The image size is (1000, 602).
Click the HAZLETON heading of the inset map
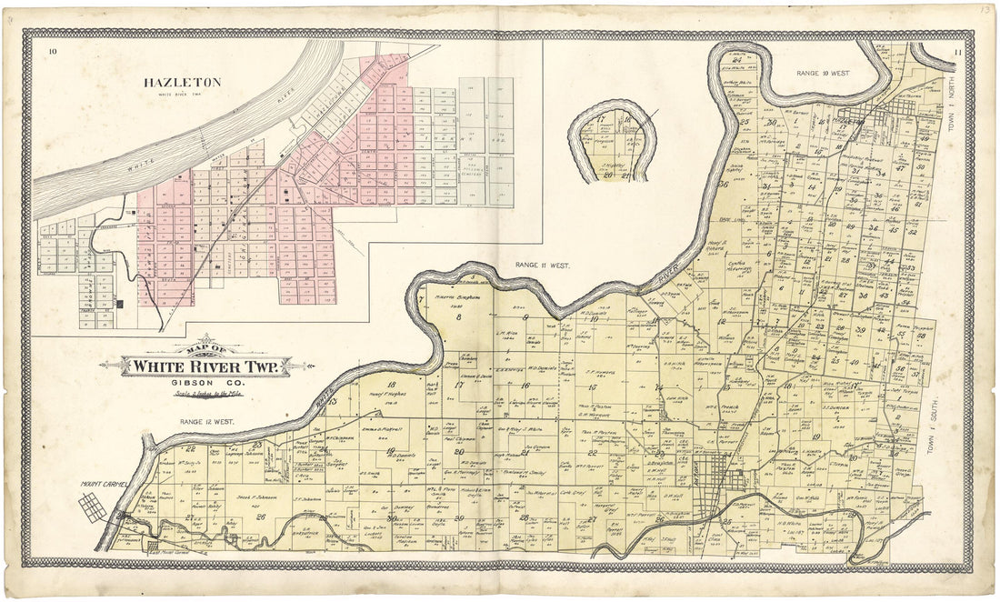click(182, 82)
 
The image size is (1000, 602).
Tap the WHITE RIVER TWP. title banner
click(210, 366)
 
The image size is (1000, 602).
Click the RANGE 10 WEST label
click(823, 72)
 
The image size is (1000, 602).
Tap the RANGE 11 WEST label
click(542, 266)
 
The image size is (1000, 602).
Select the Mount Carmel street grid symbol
click(93, 507)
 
